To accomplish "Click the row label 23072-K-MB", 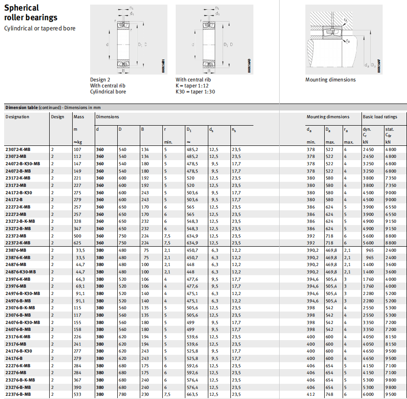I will (x=18, y=150).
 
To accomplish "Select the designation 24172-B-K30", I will (x=18, y=192).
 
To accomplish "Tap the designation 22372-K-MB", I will (x=18, y=243).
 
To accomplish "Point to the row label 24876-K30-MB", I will (x=20, y=272).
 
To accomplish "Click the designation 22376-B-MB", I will (x=18, y=394).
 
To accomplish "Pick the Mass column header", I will (x=79, y=117).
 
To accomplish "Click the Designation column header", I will (x=17, y=117).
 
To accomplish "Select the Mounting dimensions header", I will (x=328, y=117).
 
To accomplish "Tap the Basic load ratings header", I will (x=379, y=117).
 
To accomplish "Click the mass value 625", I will (x=78, y=243).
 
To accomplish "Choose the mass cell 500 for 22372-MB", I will (x=78, y=236).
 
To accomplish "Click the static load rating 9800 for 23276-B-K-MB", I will (x=390, y=380).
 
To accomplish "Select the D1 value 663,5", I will (x=192, y=394).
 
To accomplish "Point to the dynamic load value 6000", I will (x=369, y=394).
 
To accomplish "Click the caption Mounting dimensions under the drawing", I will (x=330, y=80).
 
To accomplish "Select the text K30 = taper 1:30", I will (x=195, y=92).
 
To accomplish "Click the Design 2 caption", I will (x=100, y=80).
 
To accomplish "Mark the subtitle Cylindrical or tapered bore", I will (x=40, y=29).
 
